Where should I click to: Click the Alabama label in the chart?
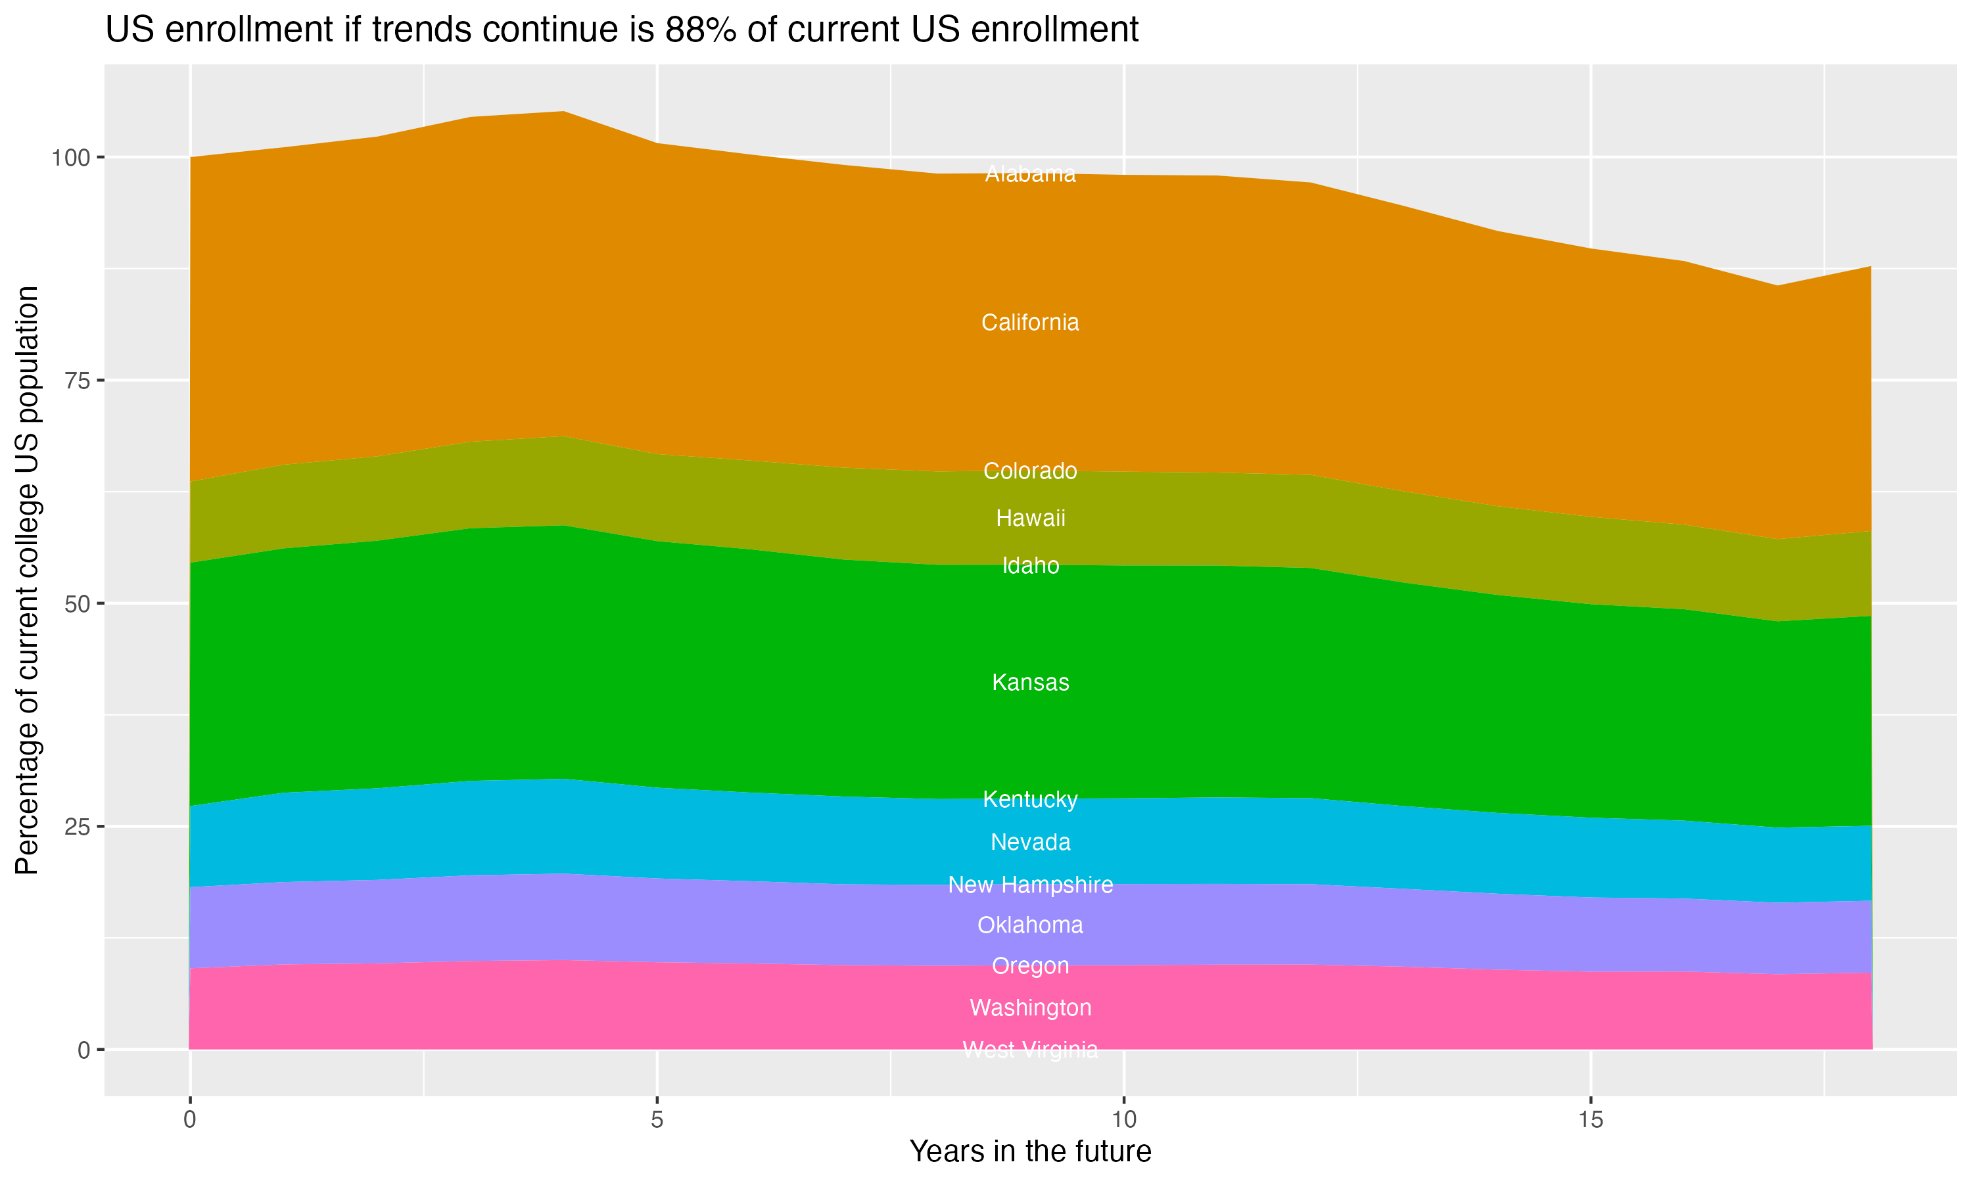click(x=1030, y=174)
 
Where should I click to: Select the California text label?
click(x=1030, y=322)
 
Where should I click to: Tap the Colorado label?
click(x=1030, y=471)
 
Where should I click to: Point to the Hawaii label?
click(x=1030, y=518)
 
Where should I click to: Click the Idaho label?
click(x=1030, y=565)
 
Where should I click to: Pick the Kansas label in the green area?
click(x=1030, y=682)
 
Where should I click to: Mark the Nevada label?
click(x=1030, y=842)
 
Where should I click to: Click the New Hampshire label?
click(x=1030, y=885)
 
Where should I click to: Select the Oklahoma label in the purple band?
click(x=1030, y=925)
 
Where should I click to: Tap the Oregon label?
click(x=1030, y=965)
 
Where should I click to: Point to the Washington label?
click(x=1030, y=1008)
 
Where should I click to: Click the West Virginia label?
click(x=1030, y=1050)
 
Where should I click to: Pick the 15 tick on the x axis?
click(x=1590, y=1120)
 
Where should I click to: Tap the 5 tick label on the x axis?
click(x=657, y=1120)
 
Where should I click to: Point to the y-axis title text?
click(x=27, y=580)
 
